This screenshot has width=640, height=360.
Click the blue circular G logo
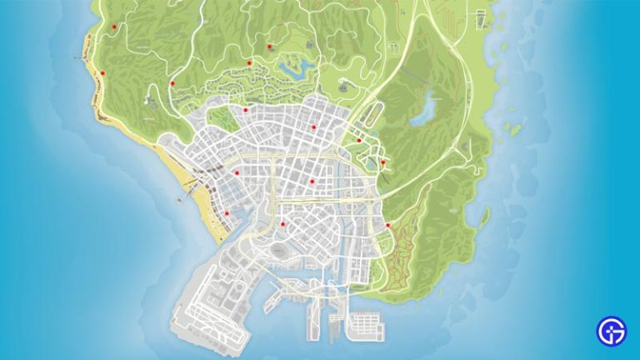click(611, 331)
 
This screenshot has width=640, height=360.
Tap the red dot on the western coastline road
click(103, 73)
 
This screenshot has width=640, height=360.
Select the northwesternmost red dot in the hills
click(114, 27)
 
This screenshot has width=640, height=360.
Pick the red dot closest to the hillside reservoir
click(269, 46)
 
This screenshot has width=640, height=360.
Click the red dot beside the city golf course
click(246, 108)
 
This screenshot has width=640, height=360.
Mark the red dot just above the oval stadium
click(283, 223)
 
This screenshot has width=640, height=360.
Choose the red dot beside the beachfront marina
click(226, 213)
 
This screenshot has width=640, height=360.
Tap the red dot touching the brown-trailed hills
click(387, 224)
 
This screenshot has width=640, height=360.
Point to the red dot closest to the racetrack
click(359, 140)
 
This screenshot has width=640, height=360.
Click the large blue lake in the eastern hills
click(432, 107)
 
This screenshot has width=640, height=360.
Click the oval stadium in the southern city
click(276, 247)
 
